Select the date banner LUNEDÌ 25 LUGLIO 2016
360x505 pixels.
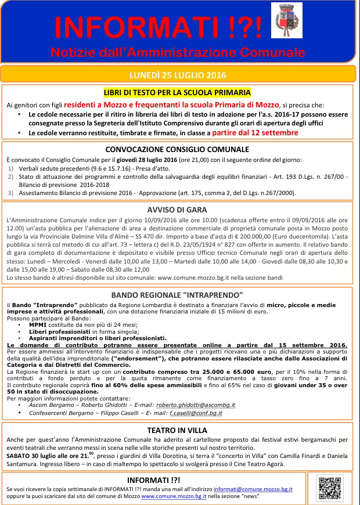click(178, 75)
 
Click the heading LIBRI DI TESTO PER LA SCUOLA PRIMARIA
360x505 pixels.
click(177, 92)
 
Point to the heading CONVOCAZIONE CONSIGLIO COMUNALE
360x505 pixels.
click(177, 149)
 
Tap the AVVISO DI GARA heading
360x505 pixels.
click(178, 210)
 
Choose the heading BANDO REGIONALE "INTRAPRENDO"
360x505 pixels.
click(177, 294)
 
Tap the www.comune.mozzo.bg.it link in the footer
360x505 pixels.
click(183, 497)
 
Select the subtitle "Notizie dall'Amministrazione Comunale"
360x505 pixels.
click(178, 52)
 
